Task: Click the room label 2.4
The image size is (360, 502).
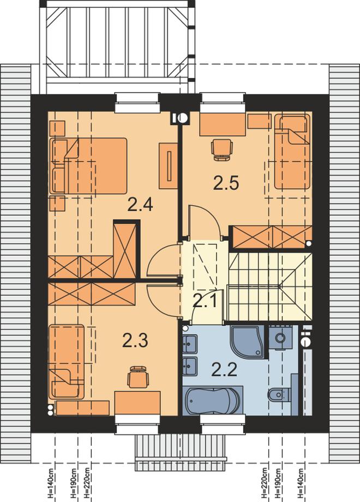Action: coord(140,205)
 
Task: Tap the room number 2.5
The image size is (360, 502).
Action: coord(226,183)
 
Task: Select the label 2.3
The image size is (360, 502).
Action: coord(135,340)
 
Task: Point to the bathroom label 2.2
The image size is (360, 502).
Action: coord(224,370)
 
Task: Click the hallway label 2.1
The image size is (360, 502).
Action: coord(205,301)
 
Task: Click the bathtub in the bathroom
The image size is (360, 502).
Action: coord(213,400)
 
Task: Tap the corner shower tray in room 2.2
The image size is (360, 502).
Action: coord(247,341)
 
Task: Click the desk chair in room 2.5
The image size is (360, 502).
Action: coord(221,150)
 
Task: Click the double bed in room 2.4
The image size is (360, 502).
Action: coord(88,166)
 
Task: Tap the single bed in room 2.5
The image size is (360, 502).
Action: coord(292,152)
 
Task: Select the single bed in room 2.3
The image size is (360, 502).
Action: coord(66,362)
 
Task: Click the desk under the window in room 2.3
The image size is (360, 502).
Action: coord(137,403)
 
